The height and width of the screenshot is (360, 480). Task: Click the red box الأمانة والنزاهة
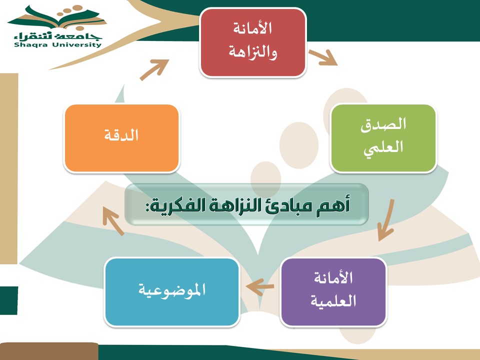pyautogui.click(x=253, y=42)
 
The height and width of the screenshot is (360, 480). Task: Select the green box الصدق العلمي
pyautogui.click(x=383, y=138)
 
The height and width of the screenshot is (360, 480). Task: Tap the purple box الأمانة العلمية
pyautogui.click(x=333, y=292)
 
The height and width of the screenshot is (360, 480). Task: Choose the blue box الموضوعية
pyautogui.click(x=171, y=292)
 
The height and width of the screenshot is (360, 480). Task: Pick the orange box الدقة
pyautogui.click(x=121, y=138)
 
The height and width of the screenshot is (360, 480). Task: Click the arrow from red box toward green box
pyautogui.click(x=323, y=57)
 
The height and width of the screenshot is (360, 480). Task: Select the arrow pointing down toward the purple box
pyautogui.click(x=385, y=220)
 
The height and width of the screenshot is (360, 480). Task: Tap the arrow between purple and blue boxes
pyautogui.click(x=259, y=287)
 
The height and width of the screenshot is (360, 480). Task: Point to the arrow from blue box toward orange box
pyautogui.click(x=113, y=220)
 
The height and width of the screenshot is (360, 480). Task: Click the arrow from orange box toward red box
pyautogui.click(x=154, y=69)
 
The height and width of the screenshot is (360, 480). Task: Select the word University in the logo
pyautogui.click(x=76, y=45)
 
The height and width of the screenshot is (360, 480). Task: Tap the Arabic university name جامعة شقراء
pyautogui.click(x=57, y=36)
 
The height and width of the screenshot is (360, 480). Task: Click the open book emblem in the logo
pyautogui.click(x=57, y=18)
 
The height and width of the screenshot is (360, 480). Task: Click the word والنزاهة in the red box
pyautogui.click(x=253, y=52)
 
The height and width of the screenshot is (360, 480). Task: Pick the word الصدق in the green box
pyautogui.click(x=383, y=124)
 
